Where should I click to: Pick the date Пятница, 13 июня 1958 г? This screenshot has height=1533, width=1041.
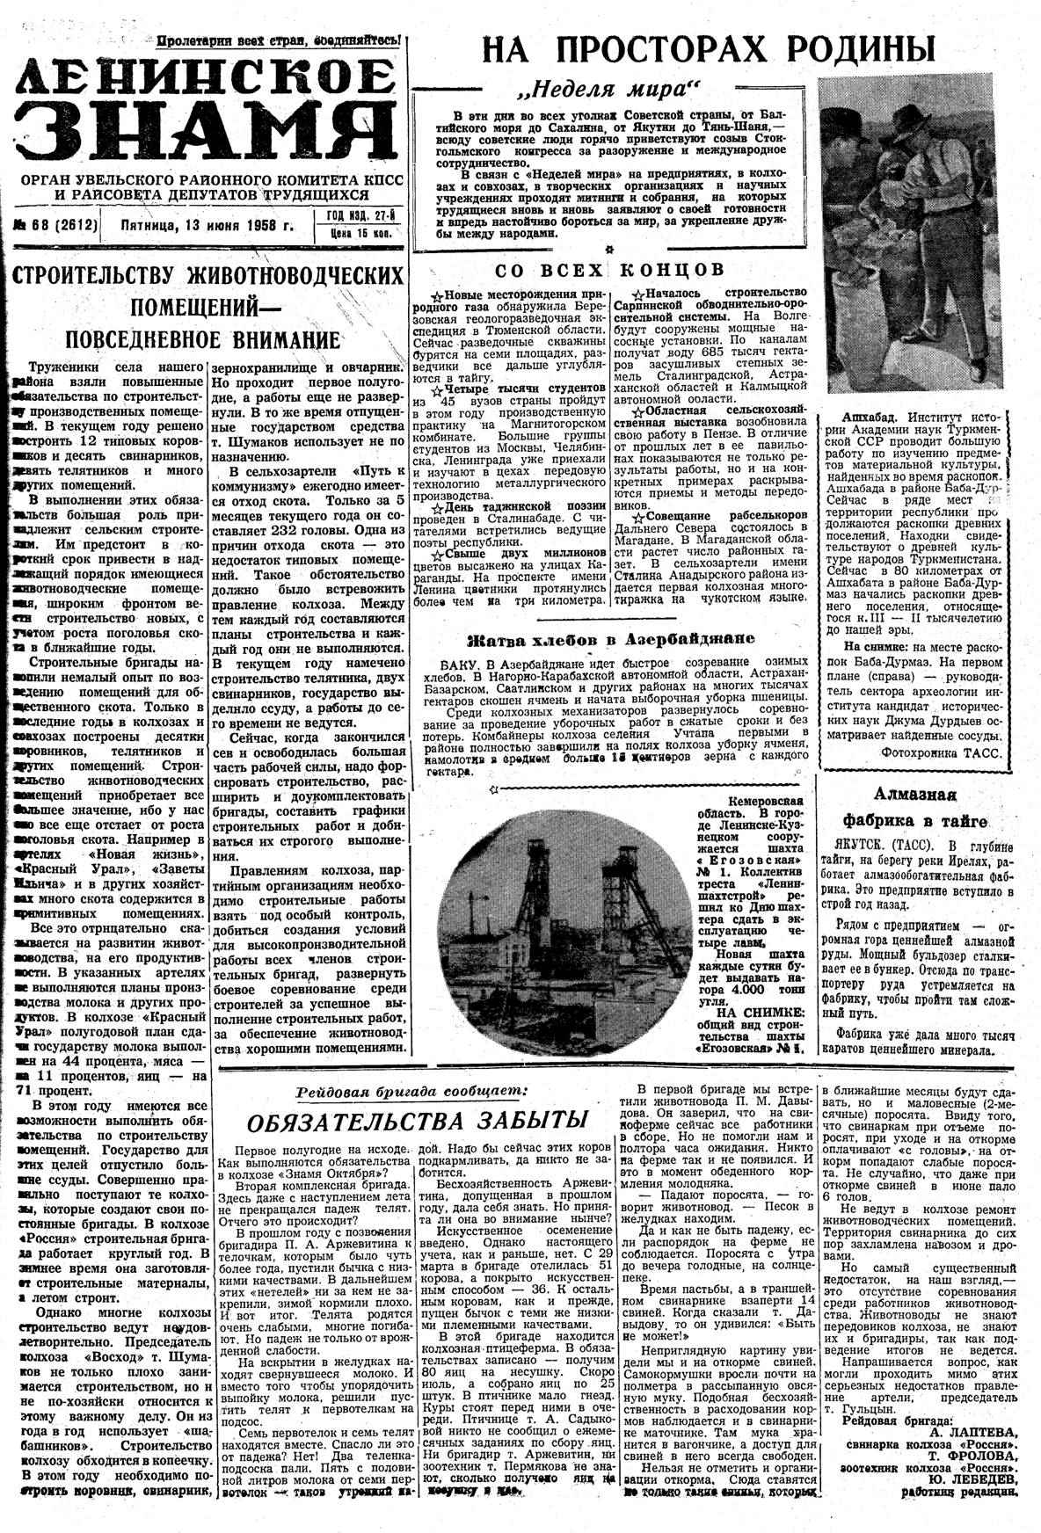[207, 225]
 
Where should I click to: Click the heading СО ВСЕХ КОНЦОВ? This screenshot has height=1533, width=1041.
[610, 269]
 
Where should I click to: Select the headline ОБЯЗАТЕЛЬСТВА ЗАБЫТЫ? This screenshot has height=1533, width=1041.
[416, 1122]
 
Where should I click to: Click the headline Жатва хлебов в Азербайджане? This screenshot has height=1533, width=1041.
[610, 639]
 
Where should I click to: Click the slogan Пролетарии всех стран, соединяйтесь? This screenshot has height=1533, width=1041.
[280, 40]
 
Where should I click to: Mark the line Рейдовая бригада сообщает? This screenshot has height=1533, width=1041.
[412, 1090]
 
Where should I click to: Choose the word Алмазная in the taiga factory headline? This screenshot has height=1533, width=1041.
[914, 794]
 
